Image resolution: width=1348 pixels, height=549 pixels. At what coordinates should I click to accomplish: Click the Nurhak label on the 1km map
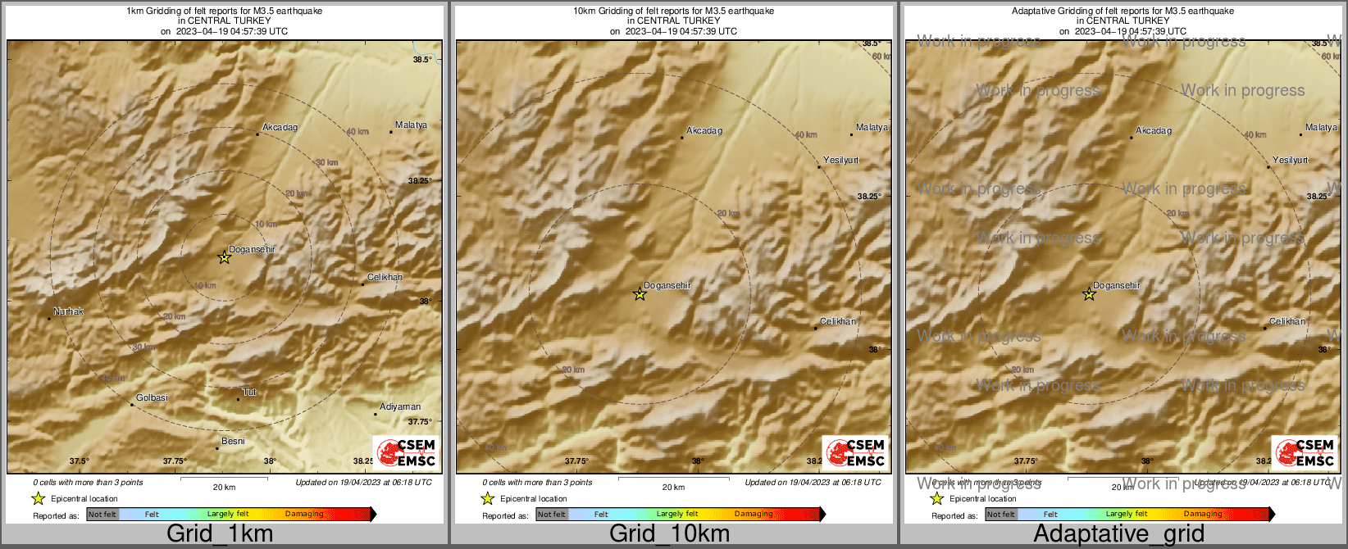[69, 312]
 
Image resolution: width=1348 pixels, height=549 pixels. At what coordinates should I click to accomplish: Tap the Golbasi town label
[152, 398]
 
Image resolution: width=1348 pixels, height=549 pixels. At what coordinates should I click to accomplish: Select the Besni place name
[233, 442]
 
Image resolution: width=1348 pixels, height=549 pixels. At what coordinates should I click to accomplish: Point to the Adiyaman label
[400, 407]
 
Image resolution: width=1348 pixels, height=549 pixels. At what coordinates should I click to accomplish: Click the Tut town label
[249, 392]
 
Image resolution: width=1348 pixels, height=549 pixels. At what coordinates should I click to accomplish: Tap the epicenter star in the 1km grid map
[224, 258]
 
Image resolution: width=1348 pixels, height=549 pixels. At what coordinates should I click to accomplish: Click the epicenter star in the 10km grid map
[640, 294]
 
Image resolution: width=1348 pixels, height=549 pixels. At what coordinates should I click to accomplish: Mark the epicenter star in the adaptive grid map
[1089, 294]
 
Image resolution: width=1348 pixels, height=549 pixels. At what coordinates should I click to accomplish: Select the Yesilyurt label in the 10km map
[840, 161]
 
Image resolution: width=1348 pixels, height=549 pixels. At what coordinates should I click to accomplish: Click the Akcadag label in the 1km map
[280, 128]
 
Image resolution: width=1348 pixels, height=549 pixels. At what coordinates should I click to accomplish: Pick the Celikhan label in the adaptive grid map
[1287, 322]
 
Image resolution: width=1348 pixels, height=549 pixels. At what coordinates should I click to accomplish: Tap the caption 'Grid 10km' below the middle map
[669, 533]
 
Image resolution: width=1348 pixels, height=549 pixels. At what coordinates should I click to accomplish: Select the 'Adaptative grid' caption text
[1118, 533]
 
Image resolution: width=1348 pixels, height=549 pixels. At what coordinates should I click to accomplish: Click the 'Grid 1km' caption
[220, 533]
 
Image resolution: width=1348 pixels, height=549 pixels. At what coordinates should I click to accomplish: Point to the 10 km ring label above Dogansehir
[266, 225]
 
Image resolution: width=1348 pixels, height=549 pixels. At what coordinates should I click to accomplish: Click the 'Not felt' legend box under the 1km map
[102, 515]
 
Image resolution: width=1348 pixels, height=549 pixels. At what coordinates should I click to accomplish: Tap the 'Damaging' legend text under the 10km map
[754, 515]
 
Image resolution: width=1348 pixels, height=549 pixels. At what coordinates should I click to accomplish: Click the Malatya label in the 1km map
[411, 125]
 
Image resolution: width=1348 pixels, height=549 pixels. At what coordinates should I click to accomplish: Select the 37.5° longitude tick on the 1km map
[79, 461]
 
